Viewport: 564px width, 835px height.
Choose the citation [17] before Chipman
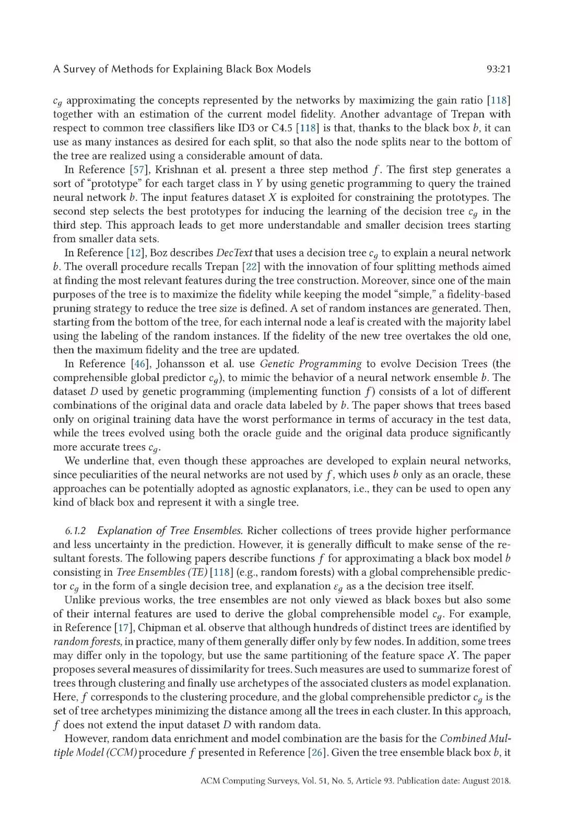coord(115,628)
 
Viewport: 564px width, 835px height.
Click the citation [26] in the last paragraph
coord(316,753)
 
